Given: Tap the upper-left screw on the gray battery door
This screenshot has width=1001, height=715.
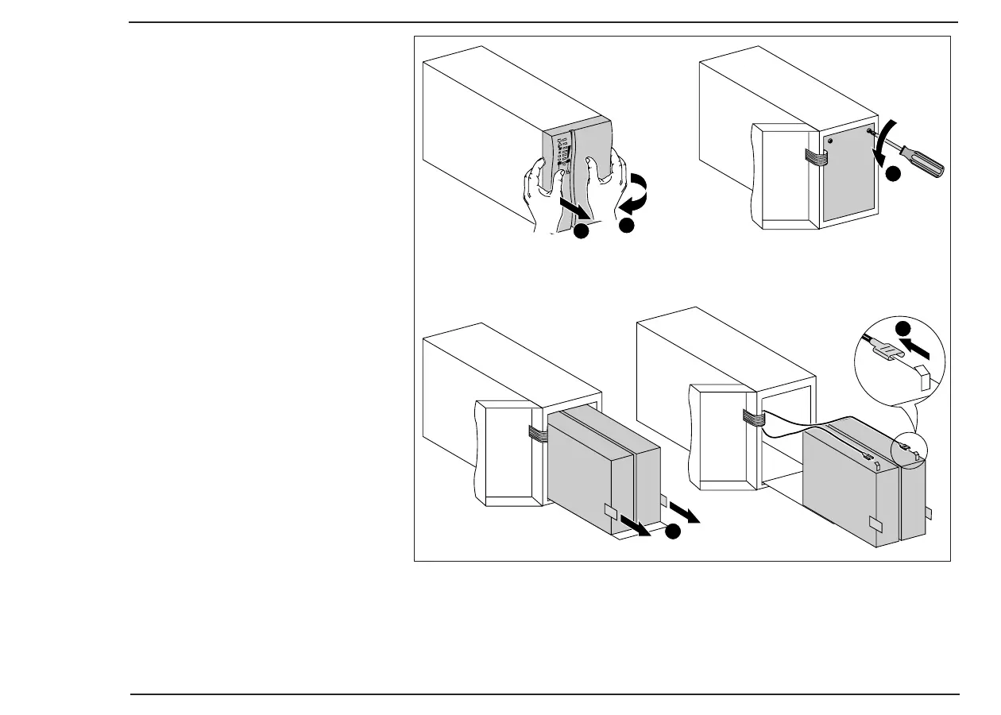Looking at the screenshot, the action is pos(829,139).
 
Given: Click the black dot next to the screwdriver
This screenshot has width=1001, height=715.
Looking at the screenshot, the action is pos(895,174).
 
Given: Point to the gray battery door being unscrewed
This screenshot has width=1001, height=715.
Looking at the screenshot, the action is pos(848,179).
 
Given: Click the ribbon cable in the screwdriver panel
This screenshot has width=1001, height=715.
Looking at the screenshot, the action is pos(814,157).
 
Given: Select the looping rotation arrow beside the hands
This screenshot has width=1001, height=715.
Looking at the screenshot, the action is pos(635,195).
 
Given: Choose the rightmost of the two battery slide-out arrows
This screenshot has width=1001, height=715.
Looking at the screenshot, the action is pos(684,512).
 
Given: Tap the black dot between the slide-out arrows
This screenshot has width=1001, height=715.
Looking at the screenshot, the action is pos(674,532).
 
